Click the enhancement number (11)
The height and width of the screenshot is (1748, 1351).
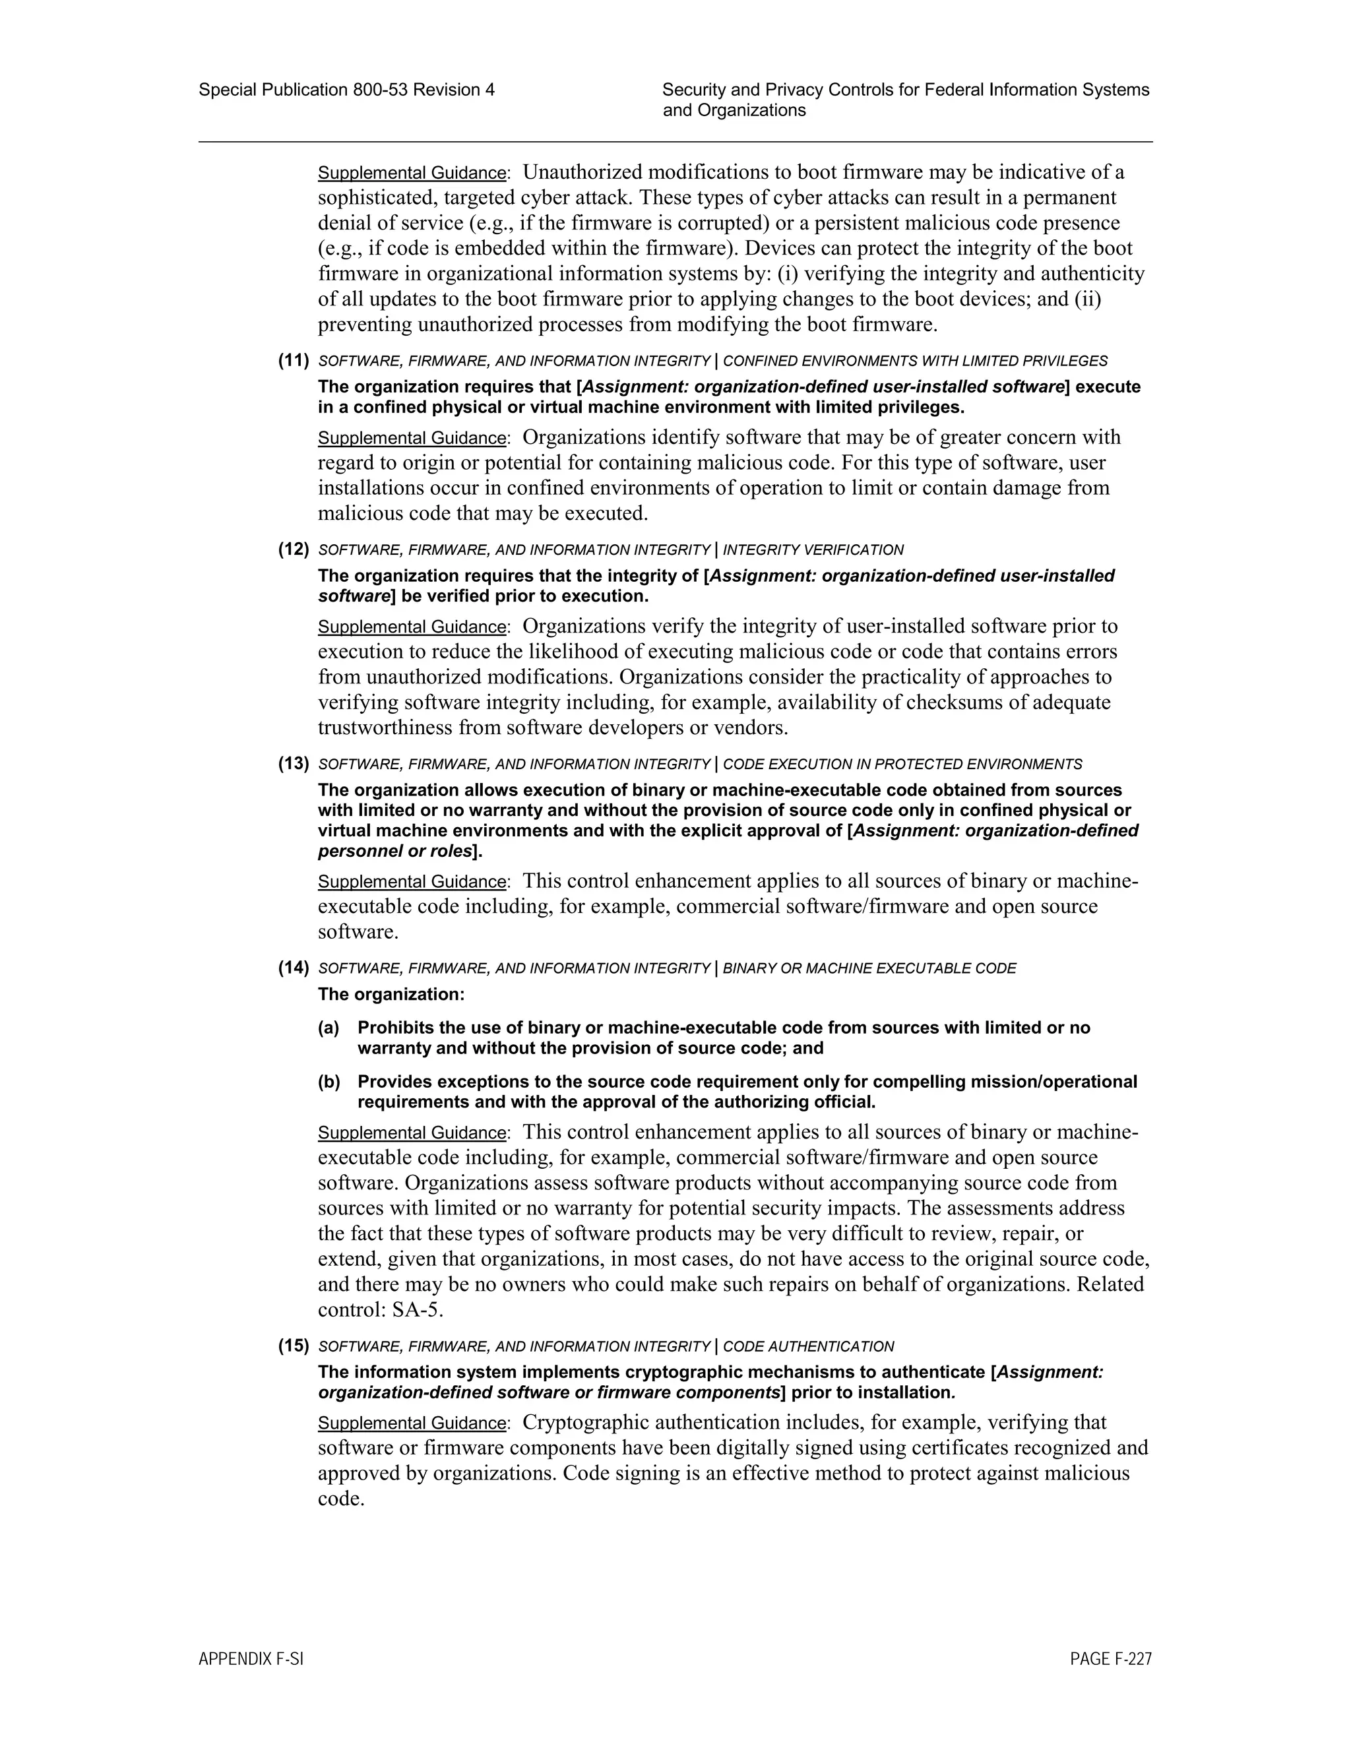294,360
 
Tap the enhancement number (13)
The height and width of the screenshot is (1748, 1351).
294,764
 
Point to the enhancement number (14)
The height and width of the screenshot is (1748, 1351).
294,968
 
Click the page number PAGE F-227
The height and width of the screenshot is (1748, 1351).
1110,1659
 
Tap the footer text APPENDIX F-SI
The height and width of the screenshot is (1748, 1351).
251,1659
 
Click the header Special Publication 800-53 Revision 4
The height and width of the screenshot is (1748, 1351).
346,90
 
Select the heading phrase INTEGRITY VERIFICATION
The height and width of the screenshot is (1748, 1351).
813,550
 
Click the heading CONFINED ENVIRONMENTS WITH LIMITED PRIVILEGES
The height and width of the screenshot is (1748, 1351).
915,361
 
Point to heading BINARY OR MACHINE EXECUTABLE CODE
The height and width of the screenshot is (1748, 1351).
869,968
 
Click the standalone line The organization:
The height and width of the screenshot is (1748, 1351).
391,994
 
